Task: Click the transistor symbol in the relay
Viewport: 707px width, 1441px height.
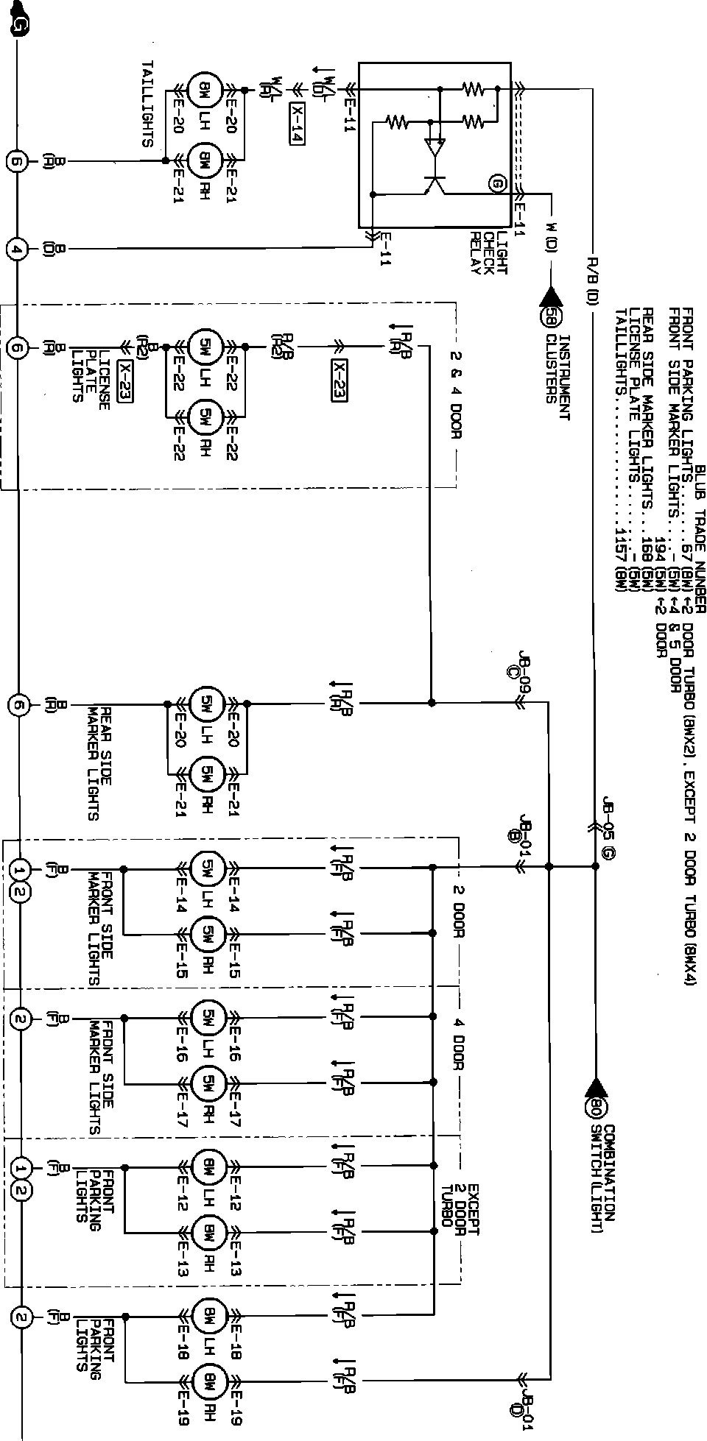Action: point(435,185)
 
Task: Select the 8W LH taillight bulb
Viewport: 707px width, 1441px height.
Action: point(203,93)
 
